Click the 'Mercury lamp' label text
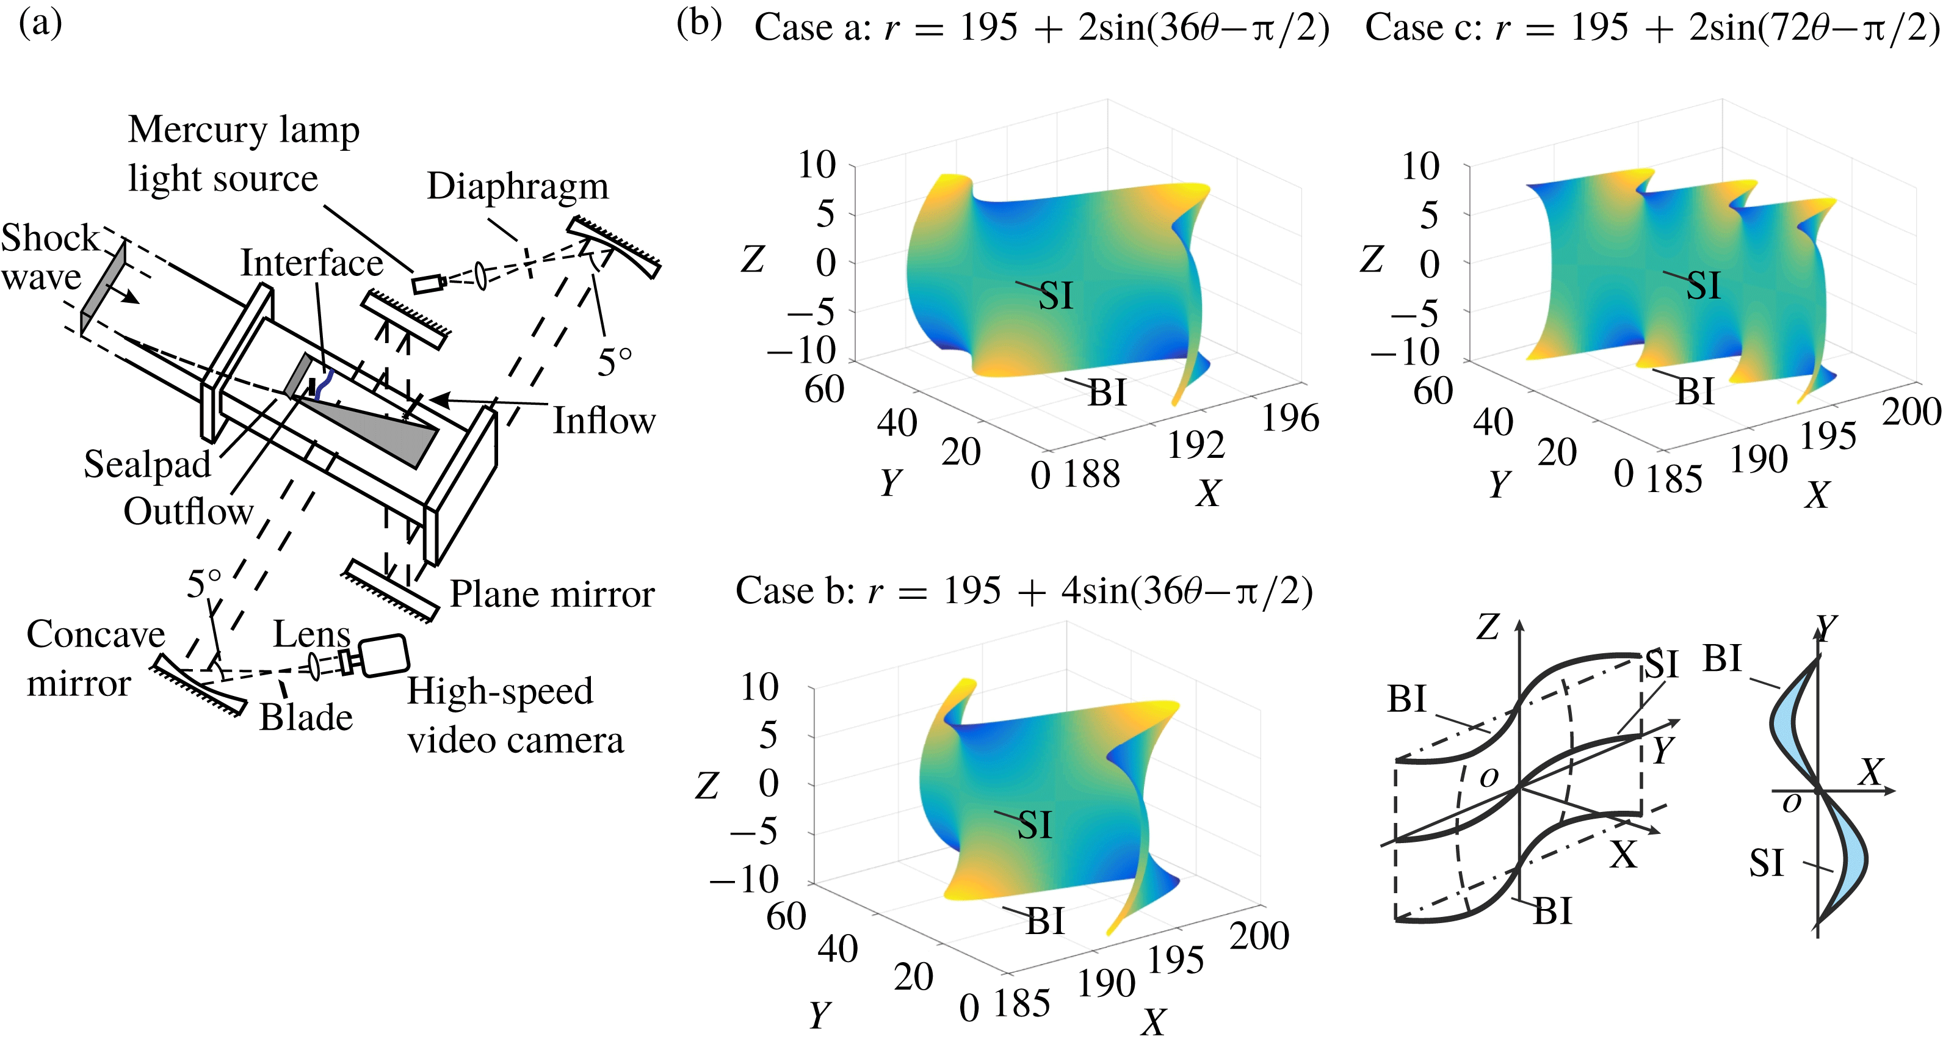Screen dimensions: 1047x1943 pos(244,130)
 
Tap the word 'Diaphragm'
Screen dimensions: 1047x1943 pos(518,186)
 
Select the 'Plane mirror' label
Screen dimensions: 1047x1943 pos(552,595)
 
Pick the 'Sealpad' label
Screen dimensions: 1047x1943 pos(147,465)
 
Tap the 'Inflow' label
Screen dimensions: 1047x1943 pos(604,421)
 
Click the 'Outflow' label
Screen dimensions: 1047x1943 pos(189,512)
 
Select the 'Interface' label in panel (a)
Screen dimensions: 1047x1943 pos(311,263)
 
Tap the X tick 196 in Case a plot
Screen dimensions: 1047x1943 pos(1290,419)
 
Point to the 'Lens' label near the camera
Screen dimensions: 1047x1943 pos(311,634)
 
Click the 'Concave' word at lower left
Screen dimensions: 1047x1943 pos(96,634)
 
